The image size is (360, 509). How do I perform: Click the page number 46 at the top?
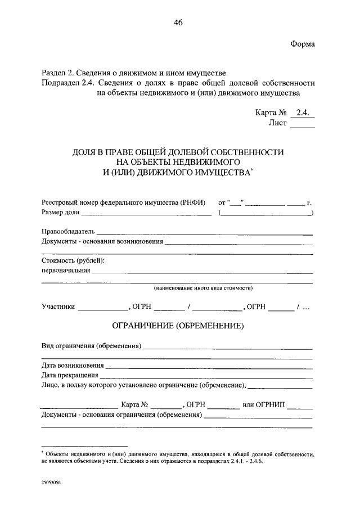point(178,22)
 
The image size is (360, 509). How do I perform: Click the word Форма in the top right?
point(303,44)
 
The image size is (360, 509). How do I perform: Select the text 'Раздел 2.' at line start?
point(56,73)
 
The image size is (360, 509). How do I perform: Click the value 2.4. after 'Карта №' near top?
point(303,112)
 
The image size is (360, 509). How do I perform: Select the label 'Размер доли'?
point(61,213)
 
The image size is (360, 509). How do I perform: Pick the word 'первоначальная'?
point(66,270)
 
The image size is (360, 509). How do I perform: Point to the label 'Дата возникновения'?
point(73,365)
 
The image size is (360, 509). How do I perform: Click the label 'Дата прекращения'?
point(70,375)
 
